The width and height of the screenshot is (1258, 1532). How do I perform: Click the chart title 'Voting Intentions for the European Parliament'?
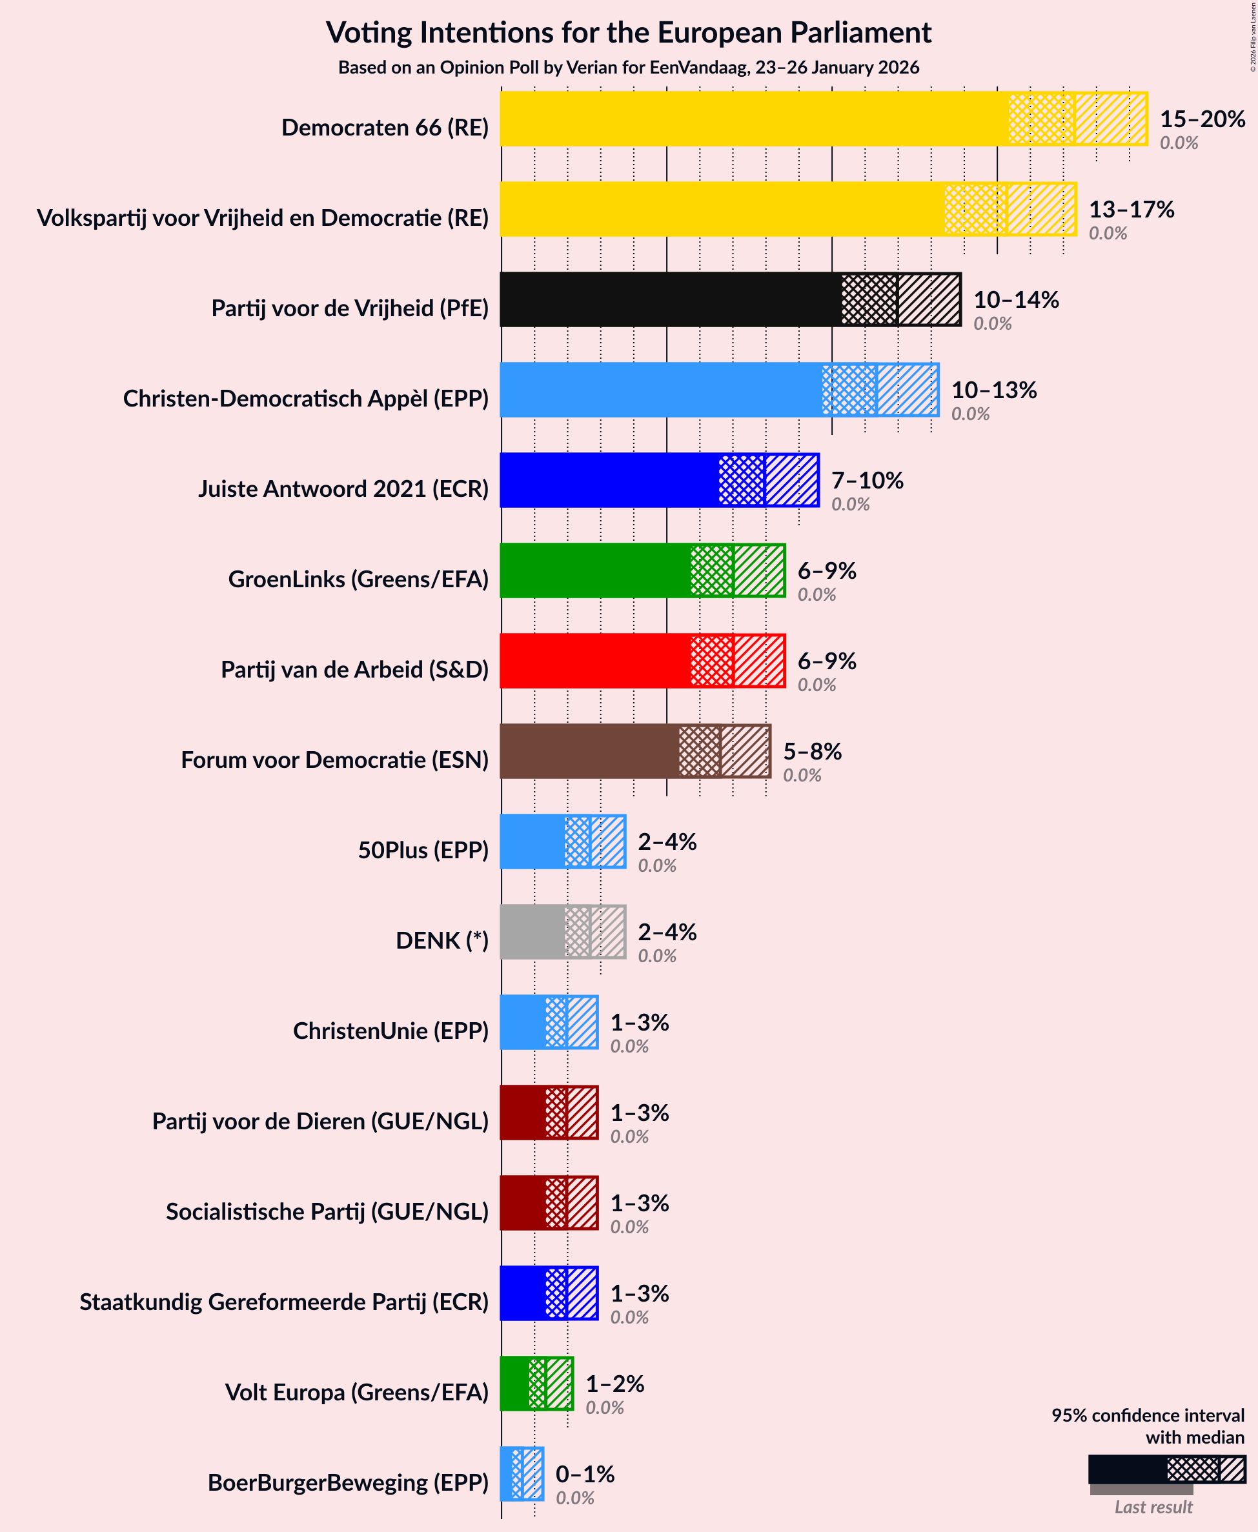[x=628, y=33]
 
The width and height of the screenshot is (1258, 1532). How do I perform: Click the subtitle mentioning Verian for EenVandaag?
[x=628, y=67]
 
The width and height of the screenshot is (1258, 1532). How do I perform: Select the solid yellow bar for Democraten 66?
[x=754, y=118]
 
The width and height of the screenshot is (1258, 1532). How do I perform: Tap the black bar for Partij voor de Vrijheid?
[x=670, y=299]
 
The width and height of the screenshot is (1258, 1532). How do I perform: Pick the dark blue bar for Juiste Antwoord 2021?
[x=609, y=479]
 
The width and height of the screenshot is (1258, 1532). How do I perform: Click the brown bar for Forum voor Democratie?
[x=589, y=751]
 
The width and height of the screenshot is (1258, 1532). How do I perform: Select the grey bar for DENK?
[x=532, y=931]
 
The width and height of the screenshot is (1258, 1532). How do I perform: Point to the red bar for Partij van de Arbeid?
[x=594, y=661]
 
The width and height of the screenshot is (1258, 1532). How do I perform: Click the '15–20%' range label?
[x=1202, y=118]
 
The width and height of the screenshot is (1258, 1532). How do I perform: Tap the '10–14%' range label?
[x=1015, y=299]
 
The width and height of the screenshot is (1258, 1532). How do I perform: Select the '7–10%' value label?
[x=867, y=479]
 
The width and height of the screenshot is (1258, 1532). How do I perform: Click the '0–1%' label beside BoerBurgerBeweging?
[x=585, y=1473]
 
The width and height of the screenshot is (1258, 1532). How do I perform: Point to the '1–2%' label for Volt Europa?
[x=614, y=1384]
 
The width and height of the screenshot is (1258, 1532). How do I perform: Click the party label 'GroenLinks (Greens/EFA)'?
[x=358, y=579]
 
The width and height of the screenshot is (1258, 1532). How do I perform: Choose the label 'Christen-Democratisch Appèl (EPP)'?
[x=306, y=398]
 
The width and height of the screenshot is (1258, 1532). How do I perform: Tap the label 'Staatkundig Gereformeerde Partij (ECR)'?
[x=284, y=1302]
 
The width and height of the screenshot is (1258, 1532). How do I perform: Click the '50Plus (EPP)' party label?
[x=423, y=850]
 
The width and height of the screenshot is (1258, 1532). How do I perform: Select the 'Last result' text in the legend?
[x=1153, y=1507]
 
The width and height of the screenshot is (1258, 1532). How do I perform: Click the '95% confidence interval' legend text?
[x=1147, y=1415]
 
